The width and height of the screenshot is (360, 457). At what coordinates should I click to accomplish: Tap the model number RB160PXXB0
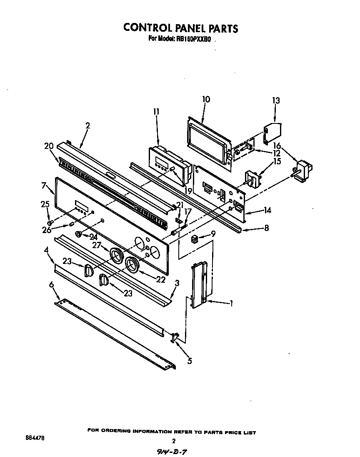point(192,39)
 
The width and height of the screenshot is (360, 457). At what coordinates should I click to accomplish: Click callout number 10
point(206,99)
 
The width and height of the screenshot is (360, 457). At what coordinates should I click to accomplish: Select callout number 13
point(276,100)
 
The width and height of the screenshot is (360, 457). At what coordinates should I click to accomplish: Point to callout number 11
point(156,111)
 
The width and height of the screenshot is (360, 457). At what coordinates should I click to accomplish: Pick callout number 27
point(97,245)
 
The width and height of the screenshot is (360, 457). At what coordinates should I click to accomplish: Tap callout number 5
point(190,361)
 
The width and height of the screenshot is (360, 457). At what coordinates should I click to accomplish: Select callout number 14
point(267,211)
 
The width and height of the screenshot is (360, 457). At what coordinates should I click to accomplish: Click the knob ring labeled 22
point(132,264)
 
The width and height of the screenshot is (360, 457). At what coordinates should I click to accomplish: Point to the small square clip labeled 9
point(194,240)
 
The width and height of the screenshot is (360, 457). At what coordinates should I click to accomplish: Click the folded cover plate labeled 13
point(272,131)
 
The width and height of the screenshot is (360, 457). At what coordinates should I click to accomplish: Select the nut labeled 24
point(78,235)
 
